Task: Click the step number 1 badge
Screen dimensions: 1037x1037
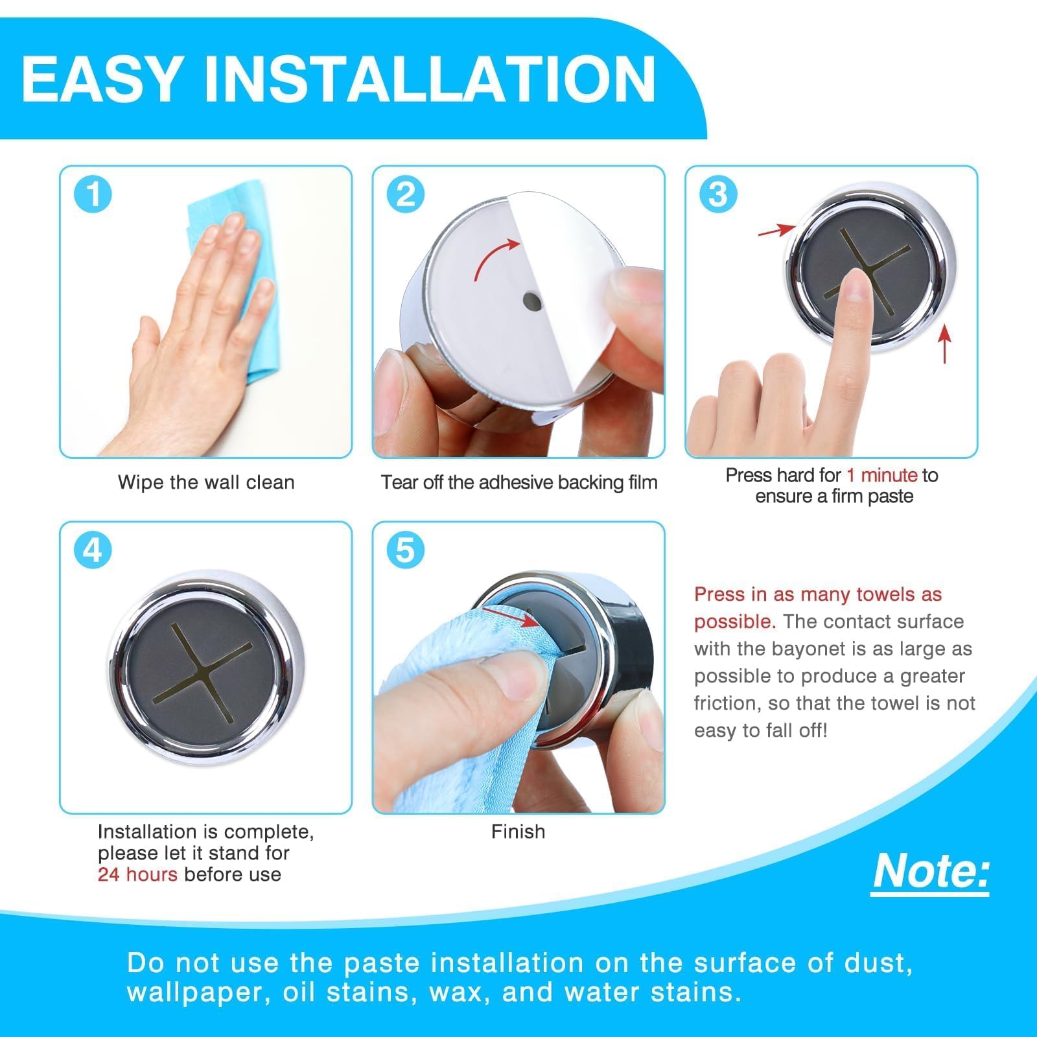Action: coord(93,194)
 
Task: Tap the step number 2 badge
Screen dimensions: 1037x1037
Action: coord(406,194)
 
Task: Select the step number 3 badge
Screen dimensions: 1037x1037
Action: coord(718,194)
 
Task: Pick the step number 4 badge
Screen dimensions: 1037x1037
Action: coord(93,550)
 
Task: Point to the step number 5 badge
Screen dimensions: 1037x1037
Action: coord(406,550)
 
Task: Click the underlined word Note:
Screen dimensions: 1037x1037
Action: coord(931,872)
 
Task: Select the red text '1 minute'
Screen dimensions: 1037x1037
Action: coord(881,475)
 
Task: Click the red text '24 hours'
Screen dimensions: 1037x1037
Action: coord(137,874)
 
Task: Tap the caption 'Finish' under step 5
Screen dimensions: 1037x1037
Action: coord(518,832)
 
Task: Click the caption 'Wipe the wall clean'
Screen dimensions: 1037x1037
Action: coord(206,482)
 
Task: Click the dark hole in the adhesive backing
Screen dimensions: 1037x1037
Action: coord(532,301)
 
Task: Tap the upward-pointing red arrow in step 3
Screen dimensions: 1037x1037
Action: coord(945,344)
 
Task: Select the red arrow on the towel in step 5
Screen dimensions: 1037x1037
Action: coord(511,616)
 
